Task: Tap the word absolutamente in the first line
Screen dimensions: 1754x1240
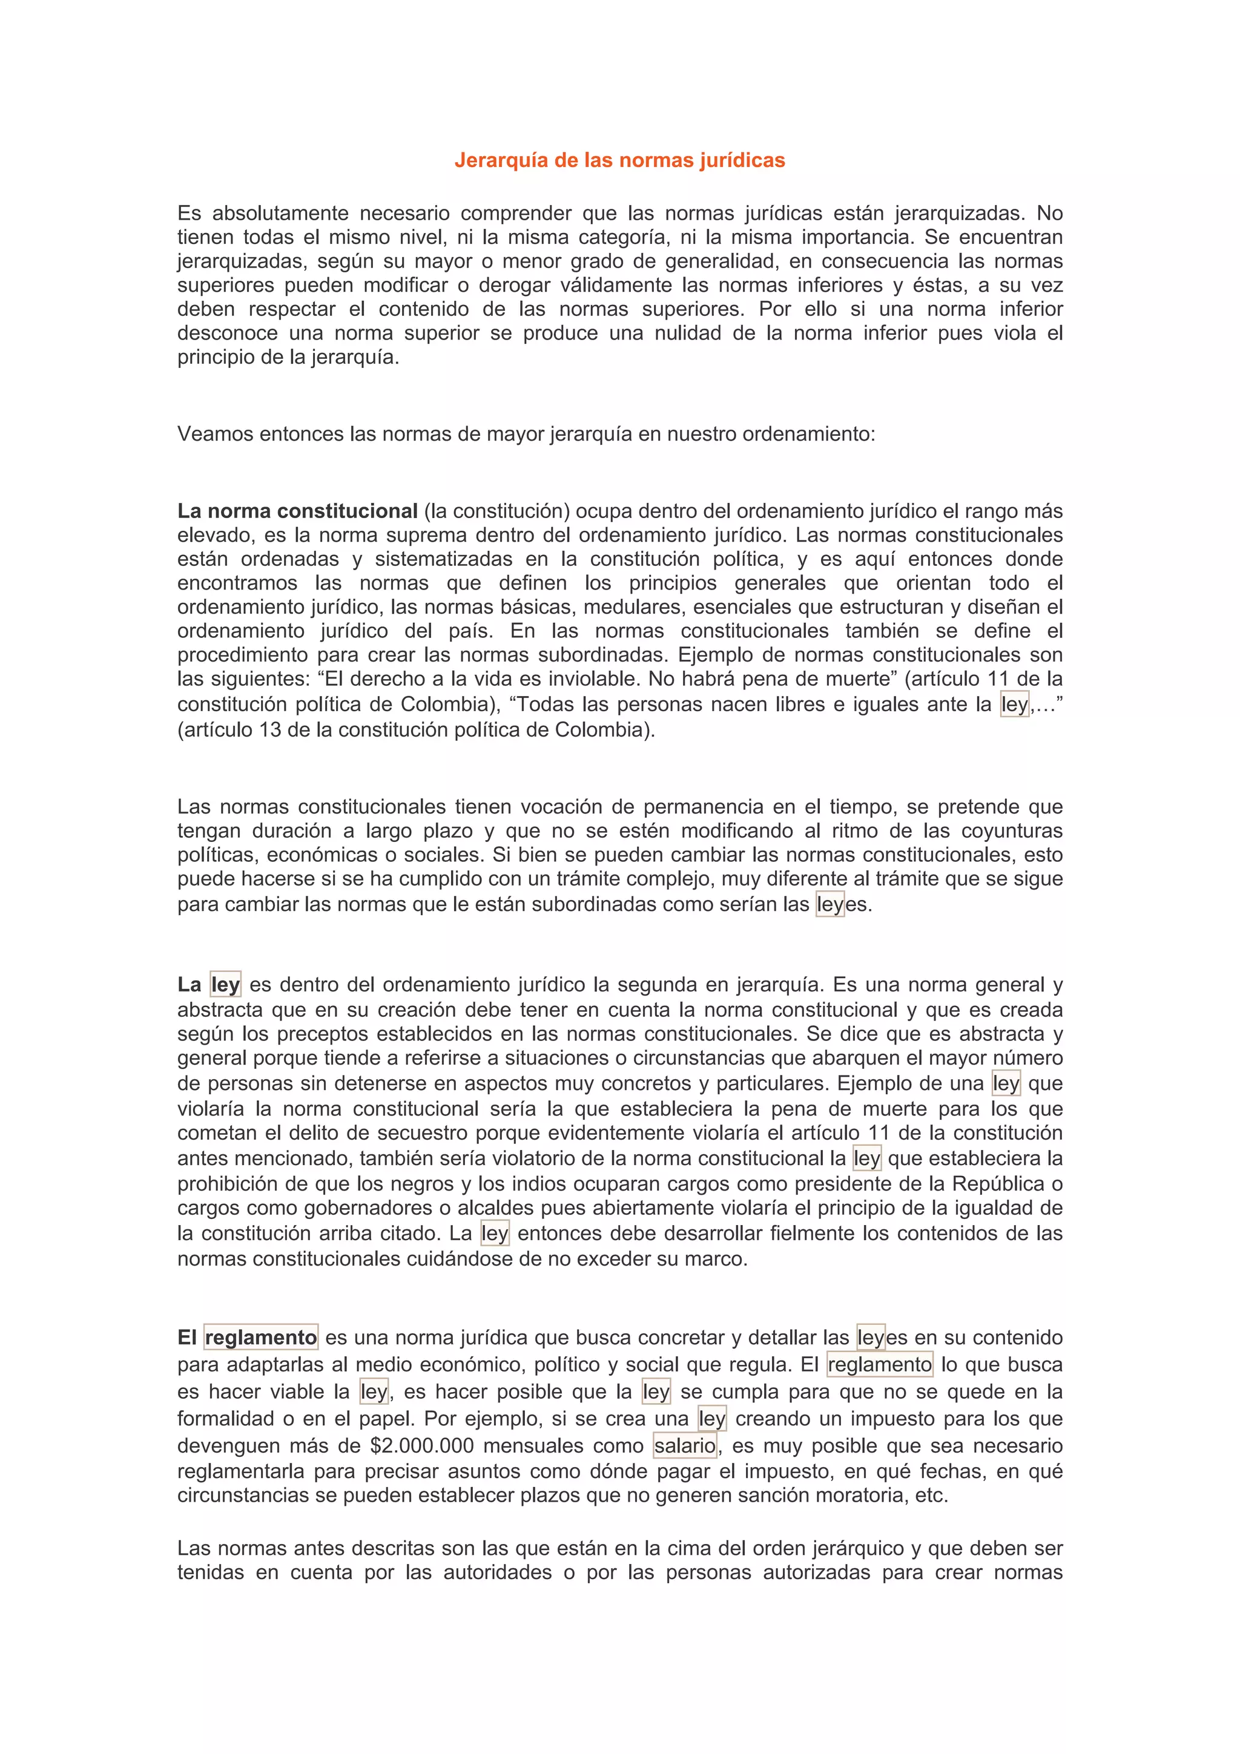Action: tap(280, 213)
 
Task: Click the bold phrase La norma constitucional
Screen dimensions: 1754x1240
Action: tap(297, 511)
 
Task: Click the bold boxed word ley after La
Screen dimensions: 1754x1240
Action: tap(225, 985)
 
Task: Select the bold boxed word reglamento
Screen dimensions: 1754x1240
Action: tap(260, 1338)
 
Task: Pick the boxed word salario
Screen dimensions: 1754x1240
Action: tap(685, 1446)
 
